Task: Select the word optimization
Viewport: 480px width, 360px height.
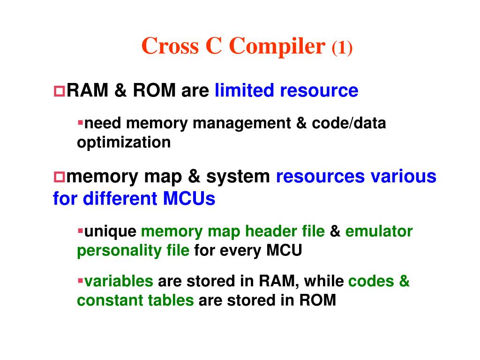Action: [124, 142]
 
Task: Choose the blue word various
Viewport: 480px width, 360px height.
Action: [403, 177]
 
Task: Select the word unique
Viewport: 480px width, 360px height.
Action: [110, 231]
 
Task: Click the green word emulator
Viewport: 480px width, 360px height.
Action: [379, 231]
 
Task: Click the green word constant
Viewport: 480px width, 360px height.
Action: [108, 300]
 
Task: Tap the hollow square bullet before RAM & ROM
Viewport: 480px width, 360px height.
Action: [60, 90]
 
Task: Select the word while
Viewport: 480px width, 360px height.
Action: [323, 281]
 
